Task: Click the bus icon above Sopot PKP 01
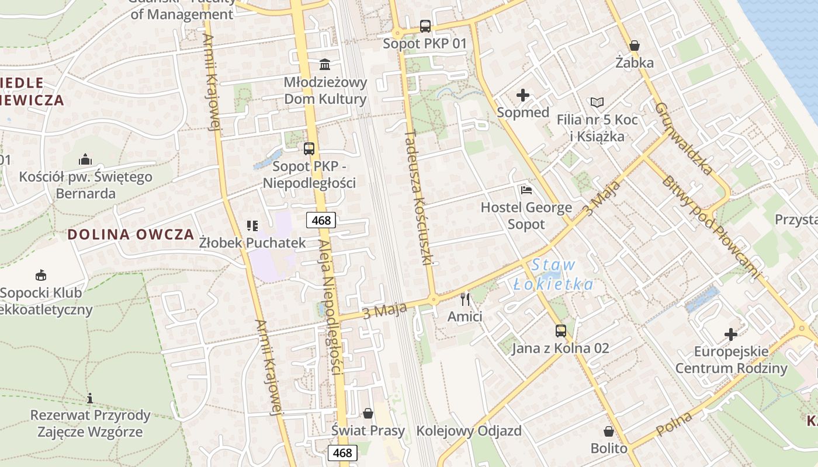click(425, 26)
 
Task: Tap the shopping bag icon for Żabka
click(634, 46)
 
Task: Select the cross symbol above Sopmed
click(522, 95)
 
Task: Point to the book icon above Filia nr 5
click(597, 103)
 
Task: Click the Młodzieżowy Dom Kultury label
click(325, 90)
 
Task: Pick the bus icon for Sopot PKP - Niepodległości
click(309, 149)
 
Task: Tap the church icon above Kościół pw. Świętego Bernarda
click(85, 159)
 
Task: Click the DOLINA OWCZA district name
click(130, 235)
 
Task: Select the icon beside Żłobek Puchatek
click(252, 225)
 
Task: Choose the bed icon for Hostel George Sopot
click(526, 190)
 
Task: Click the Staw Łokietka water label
click(553, 275)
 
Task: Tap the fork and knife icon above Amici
click(465, 299)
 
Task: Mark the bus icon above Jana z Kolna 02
click(560, 331)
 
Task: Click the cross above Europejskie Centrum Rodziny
click(730, 334)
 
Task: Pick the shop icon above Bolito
click(608, 431)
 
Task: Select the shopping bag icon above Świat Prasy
click(368, 413)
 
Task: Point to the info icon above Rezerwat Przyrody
click(90, 399)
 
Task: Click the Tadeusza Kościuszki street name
click(418, 197)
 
